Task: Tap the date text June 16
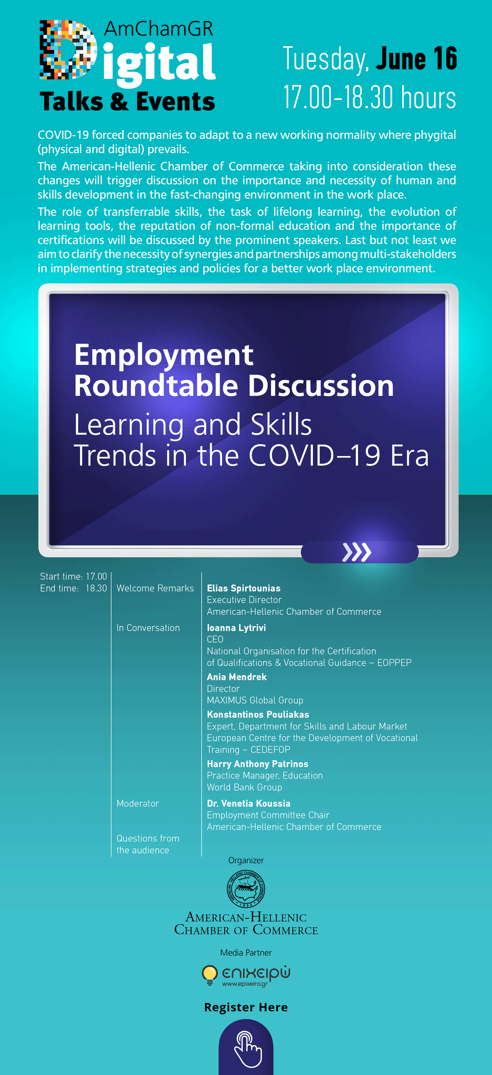point(416,58)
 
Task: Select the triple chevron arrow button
point(357,552)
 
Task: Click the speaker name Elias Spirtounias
point(244,588)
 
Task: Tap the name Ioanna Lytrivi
point(236,628)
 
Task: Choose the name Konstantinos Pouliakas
point(258,715)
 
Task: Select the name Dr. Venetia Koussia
point(248,803)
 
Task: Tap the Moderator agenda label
point(138,803)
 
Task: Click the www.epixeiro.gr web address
point(245,984)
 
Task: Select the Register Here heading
point(246,1007)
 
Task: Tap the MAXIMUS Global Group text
point(255,700)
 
